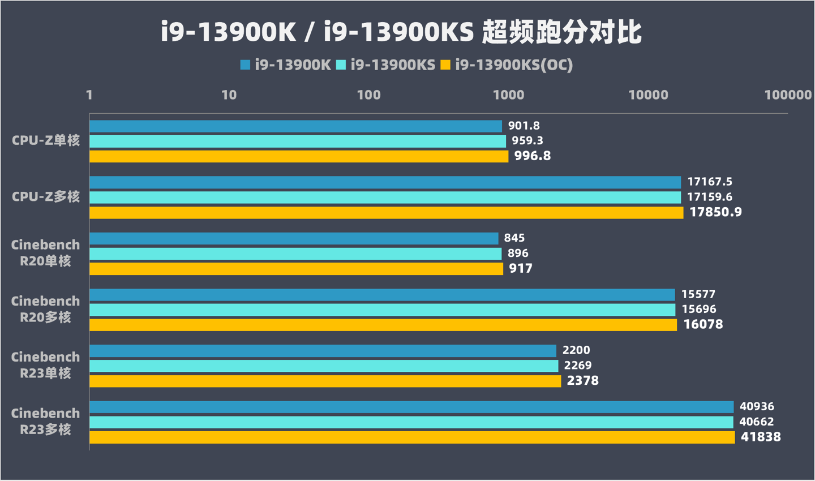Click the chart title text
click(x=401, y=32)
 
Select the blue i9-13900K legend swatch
click(x=245, y=65)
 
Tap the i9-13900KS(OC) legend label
click(x=514, y=65)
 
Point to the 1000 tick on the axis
click(x=508, y=95)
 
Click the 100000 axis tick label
click(x=788, y=95)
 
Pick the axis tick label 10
click(x=229, y=95)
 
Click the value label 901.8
click(x=524, y=126)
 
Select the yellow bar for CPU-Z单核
click(x=298, y=156)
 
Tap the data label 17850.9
click(x=715, y=212)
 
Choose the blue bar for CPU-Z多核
click(x=385, y=182)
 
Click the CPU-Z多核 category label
click(x=46, y=197)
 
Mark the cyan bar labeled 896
click(x=295, y=254)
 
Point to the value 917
click(x=521, y=268)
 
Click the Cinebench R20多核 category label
click(x=46, y=309)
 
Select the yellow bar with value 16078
click(x=383, y=325)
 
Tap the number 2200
click(x=576, y=350)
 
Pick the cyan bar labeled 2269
click(x=324, y=366)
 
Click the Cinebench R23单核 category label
click(x=46, y=365)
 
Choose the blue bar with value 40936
click(x=411, y=407)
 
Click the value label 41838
click(x=761, y=437)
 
